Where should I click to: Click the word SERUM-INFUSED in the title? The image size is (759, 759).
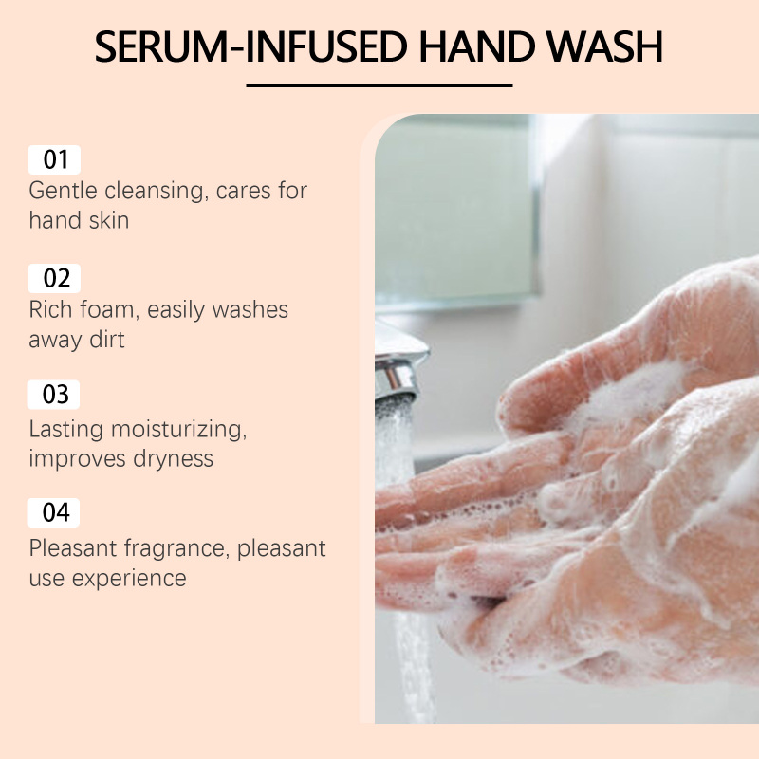250,46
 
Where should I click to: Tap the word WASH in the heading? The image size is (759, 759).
605,46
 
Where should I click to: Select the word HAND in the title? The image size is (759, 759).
477,46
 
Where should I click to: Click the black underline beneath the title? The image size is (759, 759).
379,85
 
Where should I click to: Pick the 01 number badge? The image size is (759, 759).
54,159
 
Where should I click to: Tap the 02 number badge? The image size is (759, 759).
54,278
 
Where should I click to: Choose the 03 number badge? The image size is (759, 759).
53,395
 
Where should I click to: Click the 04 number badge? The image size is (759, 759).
53,512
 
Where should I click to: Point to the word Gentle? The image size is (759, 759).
63,191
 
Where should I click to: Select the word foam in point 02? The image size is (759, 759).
110,310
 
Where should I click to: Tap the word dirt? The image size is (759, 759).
107,339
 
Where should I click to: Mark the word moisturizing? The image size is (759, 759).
178,430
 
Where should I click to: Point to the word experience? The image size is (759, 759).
129,579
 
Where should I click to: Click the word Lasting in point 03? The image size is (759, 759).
66,430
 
